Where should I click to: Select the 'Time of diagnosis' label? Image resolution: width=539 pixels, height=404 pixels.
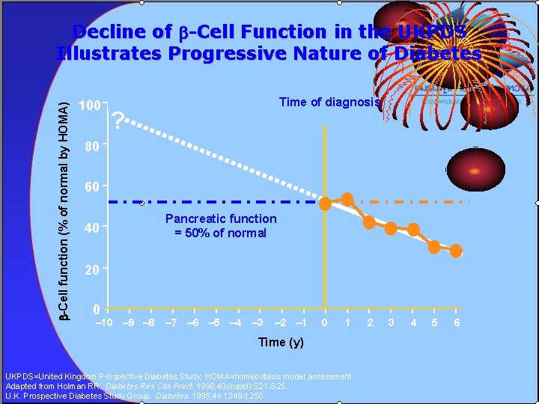[x=329, y=102]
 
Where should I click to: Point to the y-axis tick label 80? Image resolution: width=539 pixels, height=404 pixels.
[x=90, y=147]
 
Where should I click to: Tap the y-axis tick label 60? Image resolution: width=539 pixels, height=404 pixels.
[x=90, y=187]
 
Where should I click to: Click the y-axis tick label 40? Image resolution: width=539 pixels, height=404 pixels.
[x=90, y=228]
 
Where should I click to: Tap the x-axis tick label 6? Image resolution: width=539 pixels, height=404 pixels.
[x=457, y=322]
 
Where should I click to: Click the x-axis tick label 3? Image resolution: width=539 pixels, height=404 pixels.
[x=391, y=322]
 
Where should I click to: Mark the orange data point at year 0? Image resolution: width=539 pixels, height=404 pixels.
[x=326, y=203]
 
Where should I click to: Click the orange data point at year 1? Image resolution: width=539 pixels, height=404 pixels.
[x=347, y=199]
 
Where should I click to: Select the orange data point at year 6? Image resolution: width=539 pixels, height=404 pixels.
[x=456, y=251]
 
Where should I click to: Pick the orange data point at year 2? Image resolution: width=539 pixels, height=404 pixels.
[x=369, y=222]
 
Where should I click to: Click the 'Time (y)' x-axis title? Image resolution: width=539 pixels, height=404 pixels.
[x=281, y=342]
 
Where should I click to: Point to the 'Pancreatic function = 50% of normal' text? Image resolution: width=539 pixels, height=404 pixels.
[x=221, y=226]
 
